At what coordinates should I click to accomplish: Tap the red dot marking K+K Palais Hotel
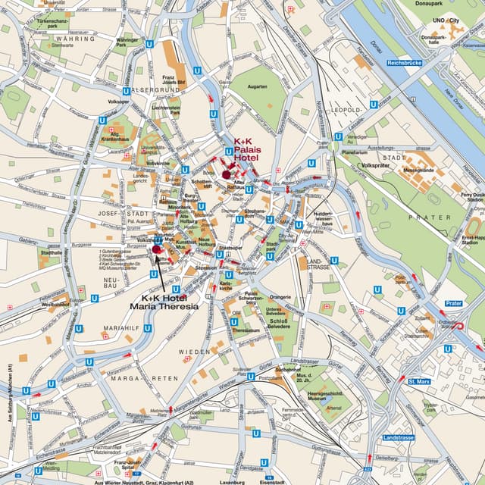click(226, 174)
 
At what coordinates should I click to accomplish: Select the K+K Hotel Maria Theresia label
click(164, 302)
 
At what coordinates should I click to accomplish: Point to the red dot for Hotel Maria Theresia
click(156, 249)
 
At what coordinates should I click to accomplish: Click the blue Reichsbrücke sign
click(404, 62)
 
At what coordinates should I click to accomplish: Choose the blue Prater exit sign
click(454, 303)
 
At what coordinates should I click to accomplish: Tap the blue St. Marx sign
click(419, 381)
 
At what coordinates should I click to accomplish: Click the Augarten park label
click(258, 87)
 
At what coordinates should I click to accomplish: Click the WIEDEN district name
click(194, 352)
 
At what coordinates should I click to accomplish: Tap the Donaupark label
click(457, 4)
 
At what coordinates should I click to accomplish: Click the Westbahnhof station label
click(56, 305)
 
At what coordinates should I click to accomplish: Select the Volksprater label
click(375, 165)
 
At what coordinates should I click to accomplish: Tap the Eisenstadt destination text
click(272, 481)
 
